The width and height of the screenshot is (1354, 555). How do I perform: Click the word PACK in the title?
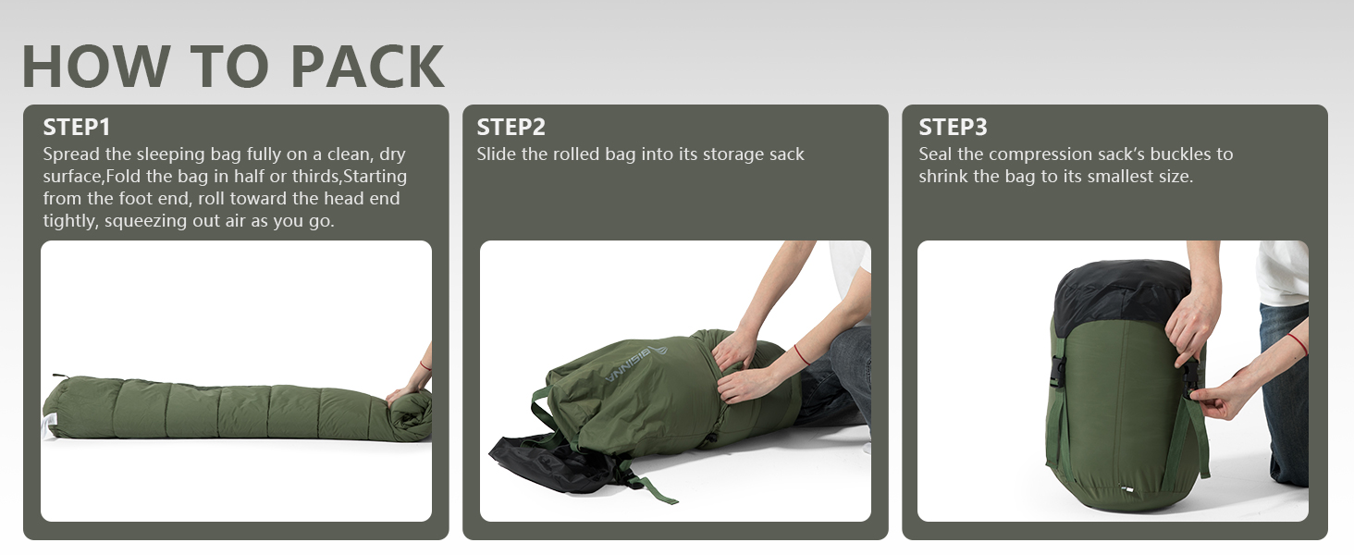[x=367, y=66]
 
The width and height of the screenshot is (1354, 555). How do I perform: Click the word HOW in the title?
[x=95, y=66]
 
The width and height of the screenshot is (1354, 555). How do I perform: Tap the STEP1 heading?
[x=77, y=127]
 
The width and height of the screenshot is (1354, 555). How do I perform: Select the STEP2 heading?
[x=511, y=127]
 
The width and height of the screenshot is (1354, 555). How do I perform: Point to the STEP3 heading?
[x=953, y=127]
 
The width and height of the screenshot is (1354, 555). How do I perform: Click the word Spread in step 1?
[x=71, y=154]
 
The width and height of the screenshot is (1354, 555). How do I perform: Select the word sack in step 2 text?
[x=787, y=154]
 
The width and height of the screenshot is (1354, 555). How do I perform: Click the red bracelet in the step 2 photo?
[x=802, y=354]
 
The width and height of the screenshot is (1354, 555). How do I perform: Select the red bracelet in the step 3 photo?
[x=1299, y=343]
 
